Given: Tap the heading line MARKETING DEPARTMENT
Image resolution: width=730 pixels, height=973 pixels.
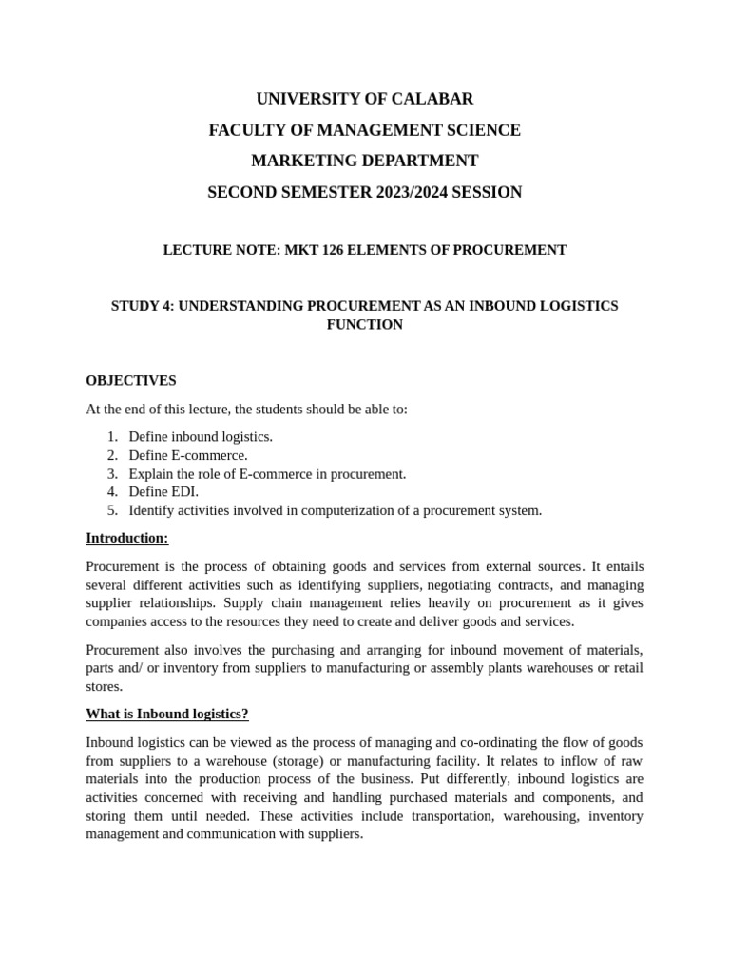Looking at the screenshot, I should [x=365, y=161].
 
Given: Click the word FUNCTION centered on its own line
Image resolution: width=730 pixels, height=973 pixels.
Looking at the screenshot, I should [x=365, y=325].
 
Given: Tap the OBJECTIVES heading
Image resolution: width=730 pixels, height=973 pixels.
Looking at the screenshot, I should [x=131, y=380].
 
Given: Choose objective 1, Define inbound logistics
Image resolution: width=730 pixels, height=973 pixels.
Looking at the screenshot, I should [x=201, y=436].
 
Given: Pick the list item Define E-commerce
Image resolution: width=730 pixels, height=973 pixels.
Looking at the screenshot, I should [x=188, y=455].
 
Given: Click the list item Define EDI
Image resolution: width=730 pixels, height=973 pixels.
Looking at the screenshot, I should [x=163, y=492].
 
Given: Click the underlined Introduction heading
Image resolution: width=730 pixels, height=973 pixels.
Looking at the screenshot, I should [x=127, y=539].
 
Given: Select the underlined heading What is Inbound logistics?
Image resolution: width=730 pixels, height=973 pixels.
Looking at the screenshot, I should [x=167, y=714].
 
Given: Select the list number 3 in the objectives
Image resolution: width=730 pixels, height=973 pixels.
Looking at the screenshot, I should [x=112, y=473].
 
